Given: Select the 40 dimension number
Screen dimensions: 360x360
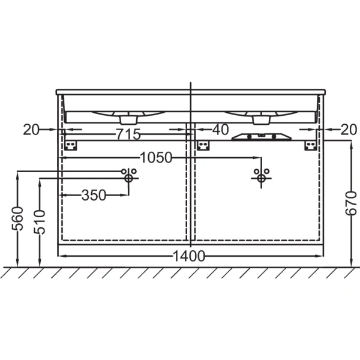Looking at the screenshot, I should tap(220, 128).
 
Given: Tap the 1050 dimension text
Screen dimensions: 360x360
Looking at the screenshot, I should tap(156, 158).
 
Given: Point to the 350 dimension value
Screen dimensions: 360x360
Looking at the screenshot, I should tap(94, 195).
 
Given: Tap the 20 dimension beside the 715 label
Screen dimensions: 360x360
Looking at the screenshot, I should tap(32, 128).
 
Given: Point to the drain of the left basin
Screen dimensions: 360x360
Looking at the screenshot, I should tap(129, 120).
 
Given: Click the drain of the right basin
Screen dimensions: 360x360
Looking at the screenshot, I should tap(261, 120).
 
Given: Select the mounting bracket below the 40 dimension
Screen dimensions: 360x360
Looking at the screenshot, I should tap(204, 145).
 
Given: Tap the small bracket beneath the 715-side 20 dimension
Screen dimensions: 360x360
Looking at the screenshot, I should tap(73, 145).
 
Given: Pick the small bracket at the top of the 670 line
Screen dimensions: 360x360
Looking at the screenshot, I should tap(311, 145).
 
